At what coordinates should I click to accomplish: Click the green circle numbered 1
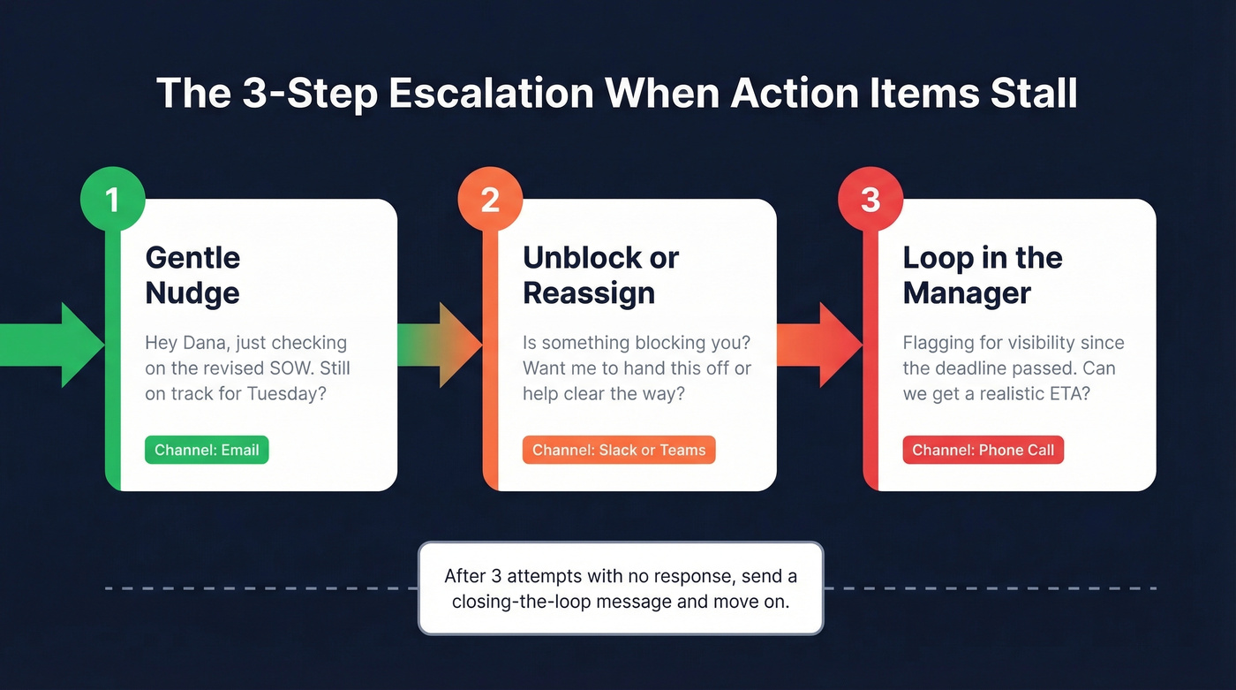click(x=112, y=199)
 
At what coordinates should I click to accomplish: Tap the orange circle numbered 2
click(x=490, y=199)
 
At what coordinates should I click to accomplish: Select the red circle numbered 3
click(x=870, y=199)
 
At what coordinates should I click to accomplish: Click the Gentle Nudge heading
click(x=192, y=275)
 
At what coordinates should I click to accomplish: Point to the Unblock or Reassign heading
click(x=600, y=275)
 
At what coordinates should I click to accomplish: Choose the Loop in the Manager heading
click(x=982, y=275)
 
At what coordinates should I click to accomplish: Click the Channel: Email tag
click(x=207, y=450)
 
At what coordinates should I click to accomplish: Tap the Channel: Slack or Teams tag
click(x=619, y=450)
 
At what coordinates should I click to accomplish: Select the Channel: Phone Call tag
click(x=983, y=450)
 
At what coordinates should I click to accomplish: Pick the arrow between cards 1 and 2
click(x=440, y=345)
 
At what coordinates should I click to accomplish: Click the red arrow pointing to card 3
click(x=819, y=345)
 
